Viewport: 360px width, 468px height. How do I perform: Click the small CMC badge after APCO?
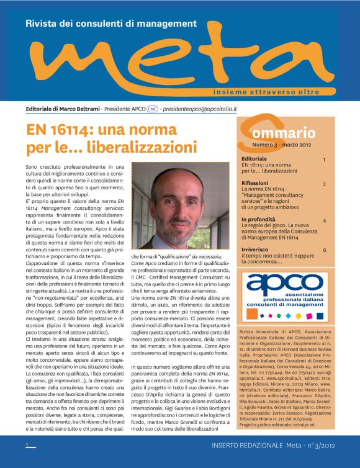point(152,109)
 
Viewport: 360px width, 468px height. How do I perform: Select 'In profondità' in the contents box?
point(258,220)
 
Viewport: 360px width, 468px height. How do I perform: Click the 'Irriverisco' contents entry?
point(256,250)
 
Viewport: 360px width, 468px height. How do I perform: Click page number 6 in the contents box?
point(324,250)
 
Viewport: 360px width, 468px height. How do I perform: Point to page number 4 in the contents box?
point(324,220)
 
